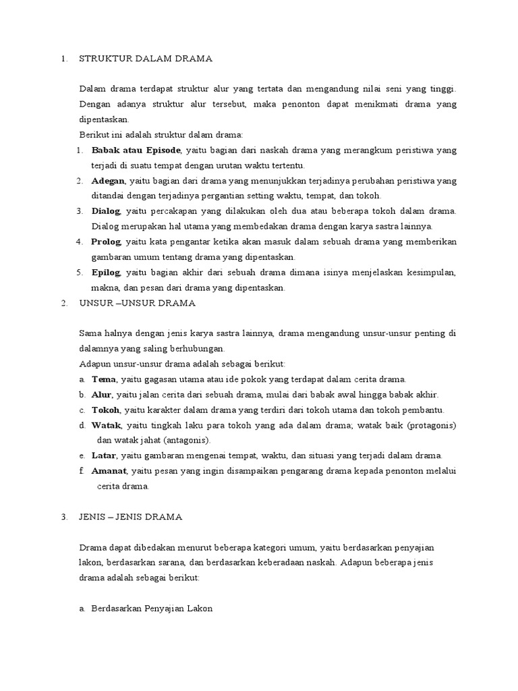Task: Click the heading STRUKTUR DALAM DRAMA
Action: pos(146,59)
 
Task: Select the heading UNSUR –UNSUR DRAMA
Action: pos(137,303)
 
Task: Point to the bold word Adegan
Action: pos(109,180)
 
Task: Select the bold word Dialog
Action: pos(107,211)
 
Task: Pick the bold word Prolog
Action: pos(107,242)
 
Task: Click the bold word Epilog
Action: pos(107,272)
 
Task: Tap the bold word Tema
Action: pos(103,379)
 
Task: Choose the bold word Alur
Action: pos(101,394)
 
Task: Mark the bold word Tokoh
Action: pos(106,410)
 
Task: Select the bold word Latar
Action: pos(103,455)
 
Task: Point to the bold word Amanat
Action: pos(110,471)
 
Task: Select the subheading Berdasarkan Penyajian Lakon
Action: pos(152,608)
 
